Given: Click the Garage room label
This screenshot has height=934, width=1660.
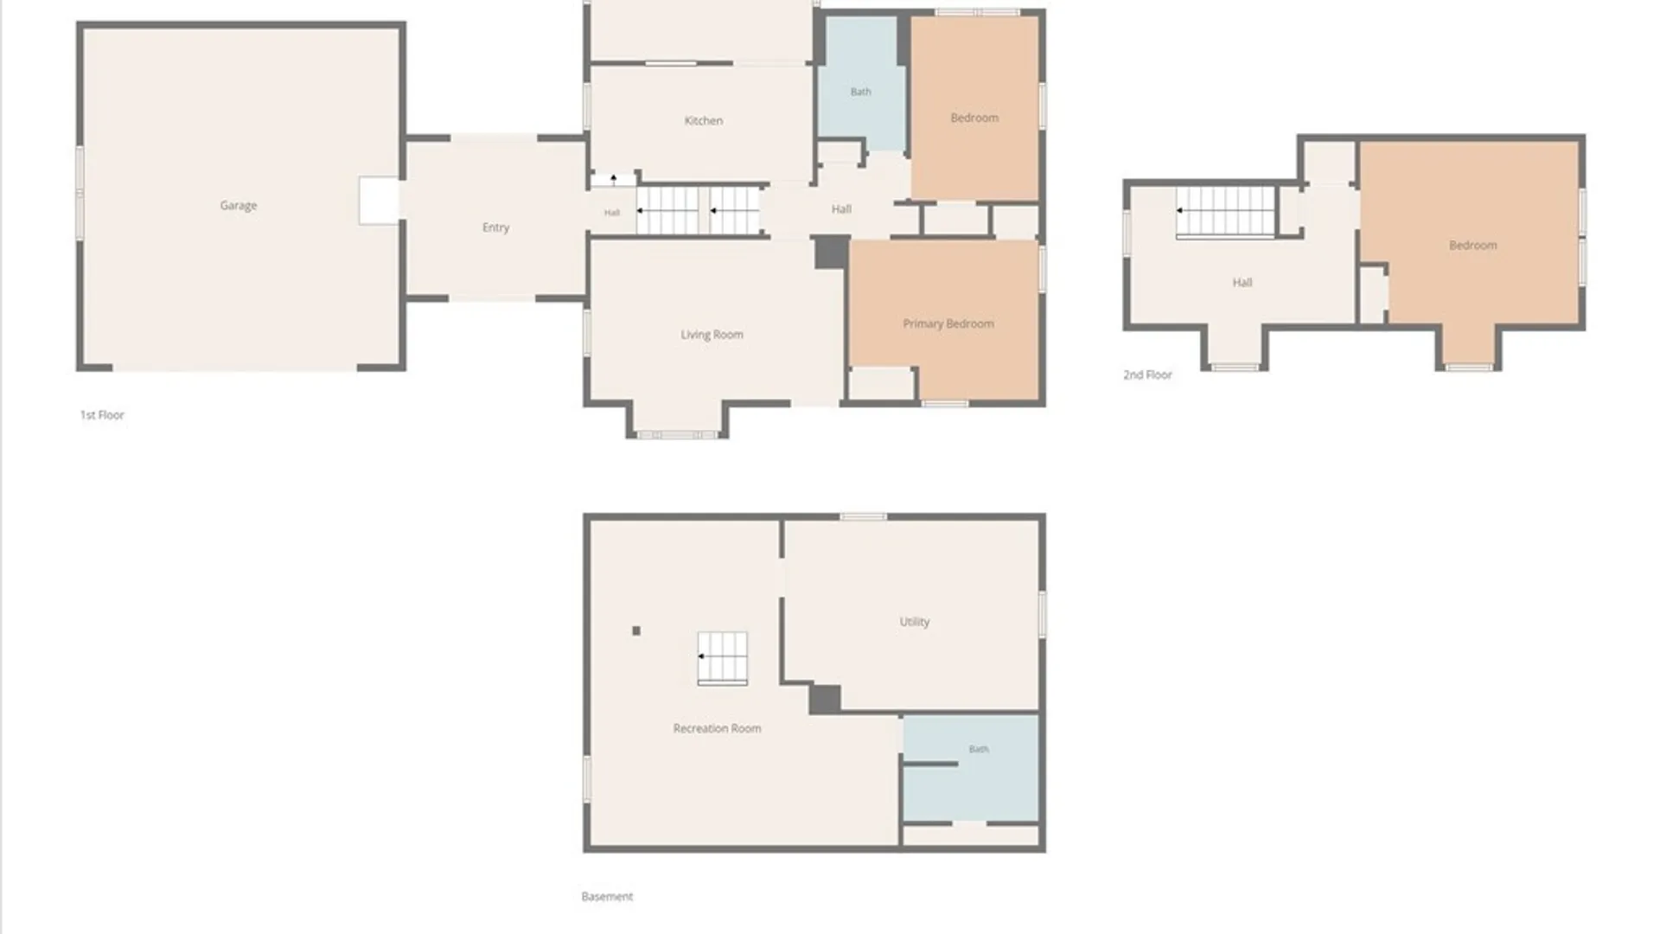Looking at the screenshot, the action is click(238, 206).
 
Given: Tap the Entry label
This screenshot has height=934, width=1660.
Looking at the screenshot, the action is click(495, 227).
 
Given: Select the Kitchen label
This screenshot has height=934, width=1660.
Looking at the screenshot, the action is click(703, 121).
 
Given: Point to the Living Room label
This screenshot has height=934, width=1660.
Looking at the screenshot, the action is click(712, 335).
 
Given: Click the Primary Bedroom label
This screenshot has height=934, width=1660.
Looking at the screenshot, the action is click(948, 324).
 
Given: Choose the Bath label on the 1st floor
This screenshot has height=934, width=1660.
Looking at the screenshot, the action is click(860, 92).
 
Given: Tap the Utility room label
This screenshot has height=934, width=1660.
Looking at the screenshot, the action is click(914, 622).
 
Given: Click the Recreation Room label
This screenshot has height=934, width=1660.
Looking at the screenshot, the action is click(717, 728).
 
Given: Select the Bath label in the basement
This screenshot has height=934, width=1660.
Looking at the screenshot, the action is click(979, 749).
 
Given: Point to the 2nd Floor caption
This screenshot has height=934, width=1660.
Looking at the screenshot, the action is click(1147, 374).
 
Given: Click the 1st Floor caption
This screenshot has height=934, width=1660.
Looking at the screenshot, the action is click(102, 415).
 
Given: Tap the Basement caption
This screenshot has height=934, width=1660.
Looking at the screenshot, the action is click(607, 897).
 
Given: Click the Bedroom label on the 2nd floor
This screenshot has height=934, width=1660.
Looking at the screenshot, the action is click(1472, 246).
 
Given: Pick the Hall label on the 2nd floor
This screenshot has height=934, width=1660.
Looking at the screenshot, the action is click(1242, 283).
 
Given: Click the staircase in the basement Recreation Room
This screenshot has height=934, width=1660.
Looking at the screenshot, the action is click(723, 659).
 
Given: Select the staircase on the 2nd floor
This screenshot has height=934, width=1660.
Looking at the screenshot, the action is click(1226, 213).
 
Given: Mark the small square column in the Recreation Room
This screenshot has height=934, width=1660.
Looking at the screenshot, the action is click(636, 631).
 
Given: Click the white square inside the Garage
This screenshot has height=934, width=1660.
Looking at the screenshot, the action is click(379, 201).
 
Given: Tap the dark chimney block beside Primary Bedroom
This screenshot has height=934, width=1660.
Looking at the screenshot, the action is click(832, 253).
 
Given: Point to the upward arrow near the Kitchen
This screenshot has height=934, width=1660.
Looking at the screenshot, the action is click(614, 180).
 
